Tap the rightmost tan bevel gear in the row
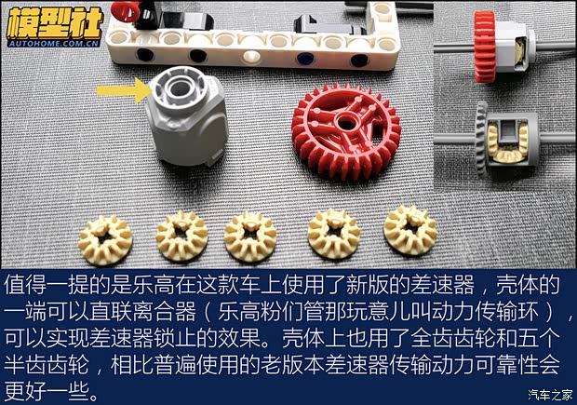[x=410, y=229]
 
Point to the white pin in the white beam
[x=248, y=57]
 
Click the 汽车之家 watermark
[x=548, y=391]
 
